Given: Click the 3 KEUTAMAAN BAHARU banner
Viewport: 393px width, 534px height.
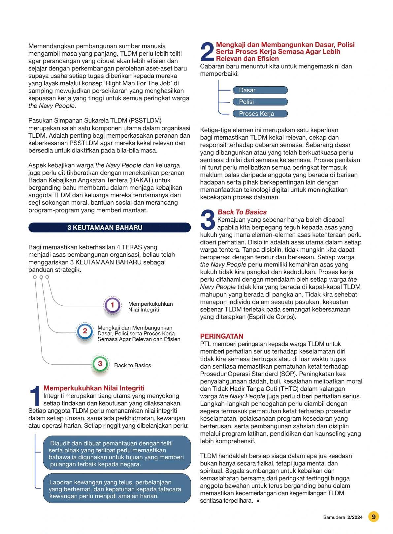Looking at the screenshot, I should coord(110,228).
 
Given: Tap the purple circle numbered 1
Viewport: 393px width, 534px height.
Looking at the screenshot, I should coord(112,305).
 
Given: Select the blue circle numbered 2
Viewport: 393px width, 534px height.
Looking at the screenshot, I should coord(85,331).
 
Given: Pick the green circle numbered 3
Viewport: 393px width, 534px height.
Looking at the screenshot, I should coord(100,364).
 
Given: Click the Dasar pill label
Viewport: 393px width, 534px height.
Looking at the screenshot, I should coord(260,90).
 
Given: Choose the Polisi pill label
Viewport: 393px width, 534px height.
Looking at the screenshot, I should coord(260,102).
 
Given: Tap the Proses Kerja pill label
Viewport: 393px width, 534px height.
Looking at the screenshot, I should coord(260,114).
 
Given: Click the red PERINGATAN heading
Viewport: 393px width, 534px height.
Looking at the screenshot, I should coord(221,336).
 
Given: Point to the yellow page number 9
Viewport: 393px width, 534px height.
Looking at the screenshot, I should coord(373,517).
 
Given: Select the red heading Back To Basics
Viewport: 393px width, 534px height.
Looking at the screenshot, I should coord(242,212).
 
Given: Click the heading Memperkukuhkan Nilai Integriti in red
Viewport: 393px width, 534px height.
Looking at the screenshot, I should coord(94,388).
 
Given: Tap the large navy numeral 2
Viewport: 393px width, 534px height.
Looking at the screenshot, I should coord(207,52).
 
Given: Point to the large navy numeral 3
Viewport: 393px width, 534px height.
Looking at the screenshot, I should coord(208,220).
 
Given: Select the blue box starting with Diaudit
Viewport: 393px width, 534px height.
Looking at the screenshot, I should coord(117,453).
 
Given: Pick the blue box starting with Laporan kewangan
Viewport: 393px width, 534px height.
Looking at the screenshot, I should coord(117,489).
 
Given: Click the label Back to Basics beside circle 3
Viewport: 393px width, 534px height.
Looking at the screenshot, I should coord(132,365).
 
